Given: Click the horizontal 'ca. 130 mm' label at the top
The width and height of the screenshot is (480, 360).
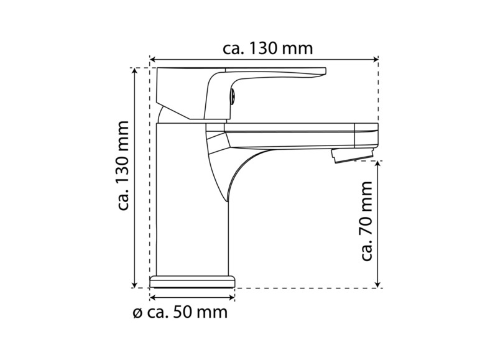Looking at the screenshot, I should (267, 48).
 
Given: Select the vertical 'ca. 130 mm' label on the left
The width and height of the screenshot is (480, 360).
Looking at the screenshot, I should (123, 165).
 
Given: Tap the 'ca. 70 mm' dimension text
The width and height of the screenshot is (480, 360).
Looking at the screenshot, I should (366, 221).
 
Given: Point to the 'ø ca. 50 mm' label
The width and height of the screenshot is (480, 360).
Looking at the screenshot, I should (180, 312).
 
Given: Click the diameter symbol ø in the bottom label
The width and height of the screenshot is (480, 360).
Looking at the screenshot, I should (138, 313).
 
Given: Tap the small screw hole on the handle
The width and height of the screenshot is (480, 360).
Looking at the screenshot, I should (233, 96).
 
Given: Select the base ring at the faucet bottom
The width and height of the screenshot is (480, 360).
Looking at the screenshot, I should (193, 281).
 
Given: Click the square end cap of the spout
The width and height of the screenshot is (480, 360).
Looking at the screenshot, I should (366, 136).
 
